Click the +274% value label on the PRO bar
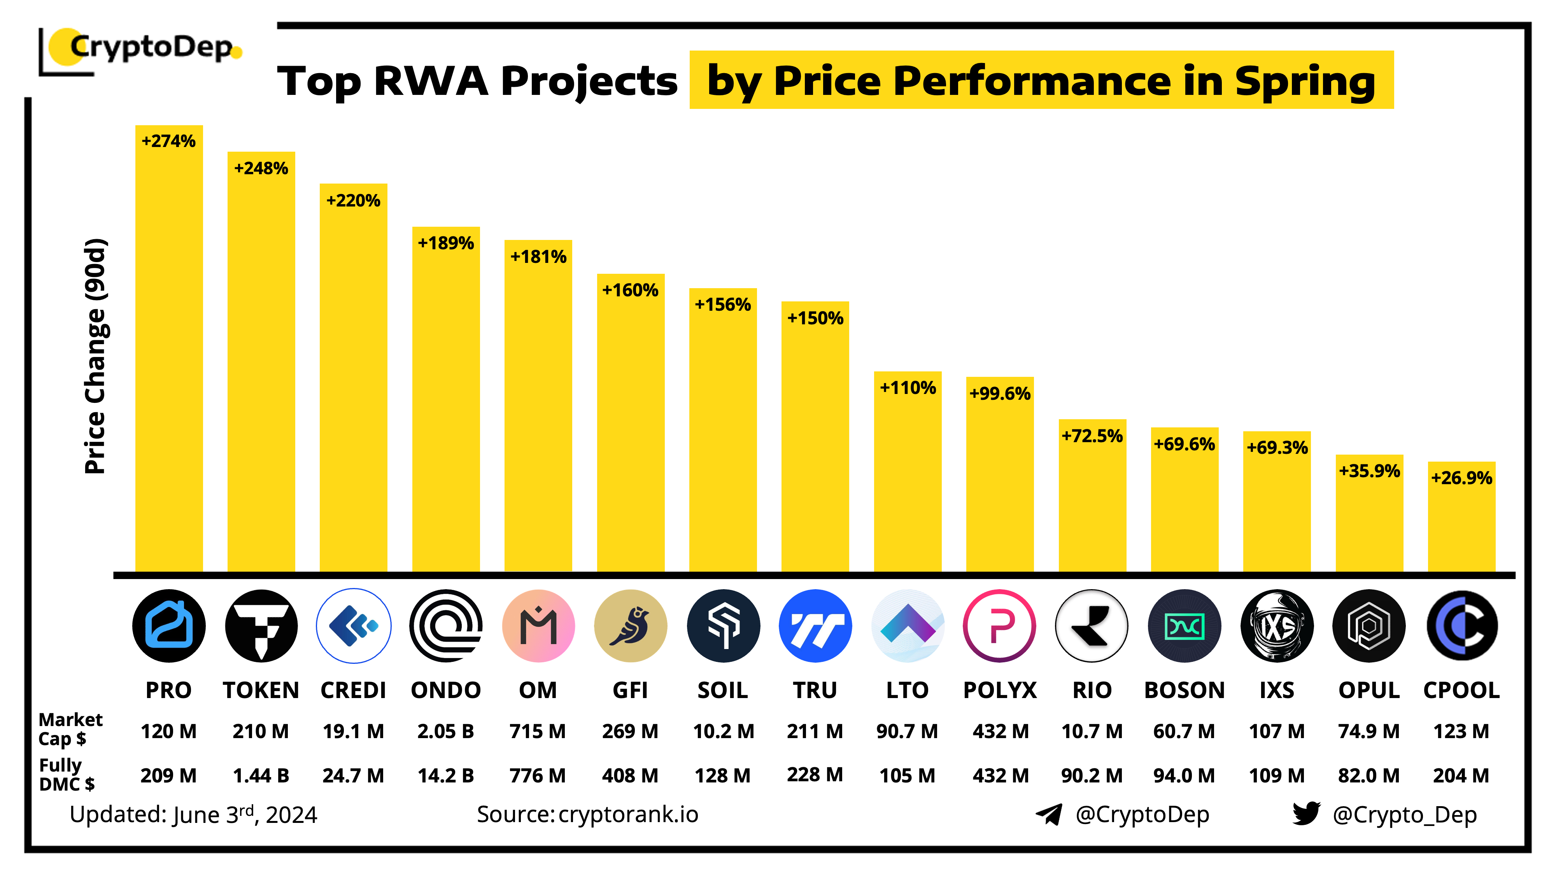point(168,141)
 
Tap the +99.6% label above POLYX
point(1000,394)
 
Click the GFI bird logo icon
point(631,626)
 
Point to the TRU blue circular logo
point(815,626)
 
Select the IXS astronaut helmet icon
point(1276,626)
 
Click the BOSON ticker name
point(1184,690)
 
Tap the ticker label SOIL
point(722,690)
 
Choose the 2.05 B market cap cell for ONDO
point(446,731)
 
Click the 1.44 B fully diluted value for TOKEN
point(261,775)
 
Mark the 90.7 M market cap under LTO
point(907,731)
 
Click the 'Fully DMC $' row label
point(67,774)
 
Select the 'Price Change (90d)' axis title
point(95,356)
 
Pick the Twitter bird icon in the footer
point(1306,814)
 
